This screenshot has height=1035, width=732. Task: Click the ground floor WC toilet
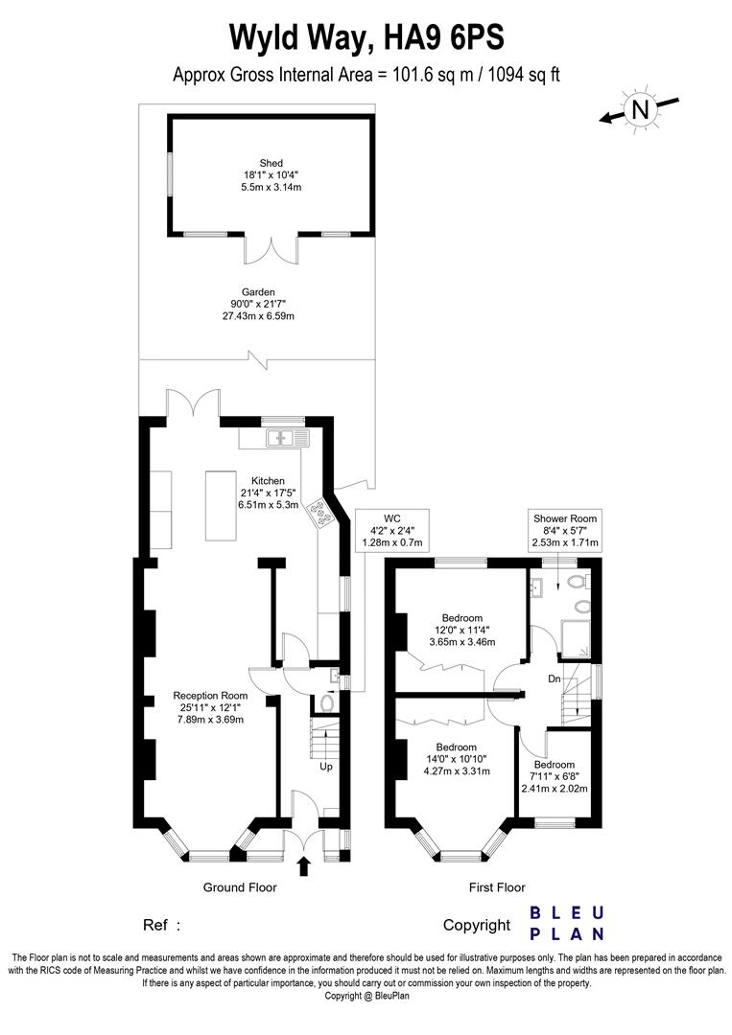coord(326,704)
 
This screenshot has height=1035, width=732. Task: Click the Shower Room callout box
coord(565,531)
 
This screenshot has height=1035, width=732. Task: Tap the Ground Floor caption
coord(240,887)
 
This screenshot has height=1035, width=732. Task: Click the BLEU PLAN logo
coord(567,923)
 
